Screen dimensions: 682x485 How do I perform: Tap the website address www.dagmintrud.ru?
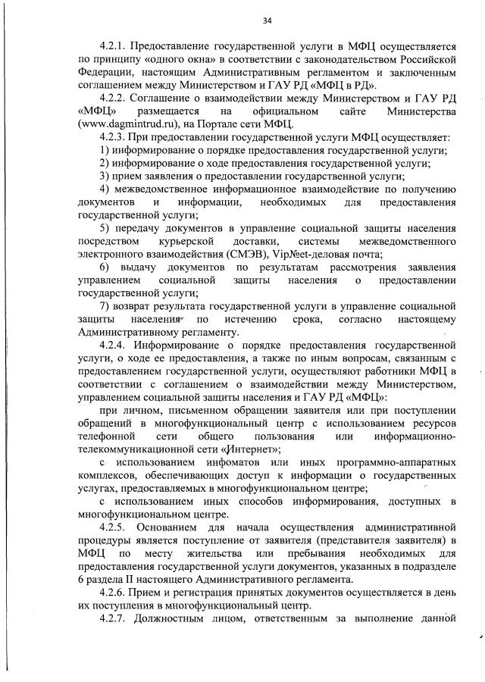pos(123,124)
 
